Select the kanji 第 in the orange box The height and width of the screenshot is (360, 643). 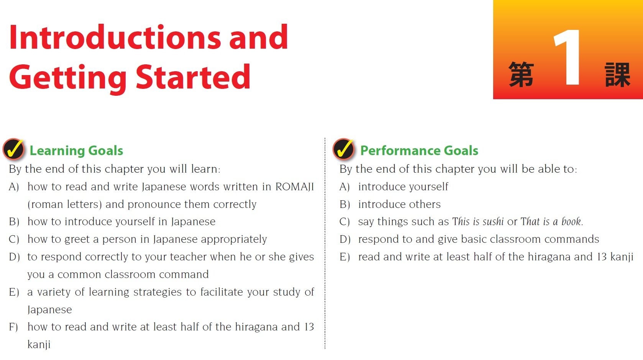[521, 74]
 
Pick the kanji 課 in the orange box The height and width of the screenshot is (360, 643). [617, 74]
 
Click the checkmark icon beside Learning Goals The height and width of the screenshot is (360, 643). [13, 149]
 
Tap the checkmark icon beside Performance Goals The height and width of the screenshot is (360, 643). [344, 149]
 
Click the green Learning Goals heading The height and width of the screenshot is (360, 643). [76, 151]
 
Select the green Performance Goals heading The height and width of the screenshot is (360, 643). [419, 151]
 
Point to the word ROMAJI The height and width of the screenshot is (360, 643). [295, 187]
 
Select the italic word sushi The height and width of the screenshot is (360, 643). [493, 222]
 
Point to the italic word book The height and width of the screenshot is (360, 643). [571, 222]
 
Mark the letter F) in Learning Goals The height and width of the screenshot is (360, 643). [13, 327]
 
